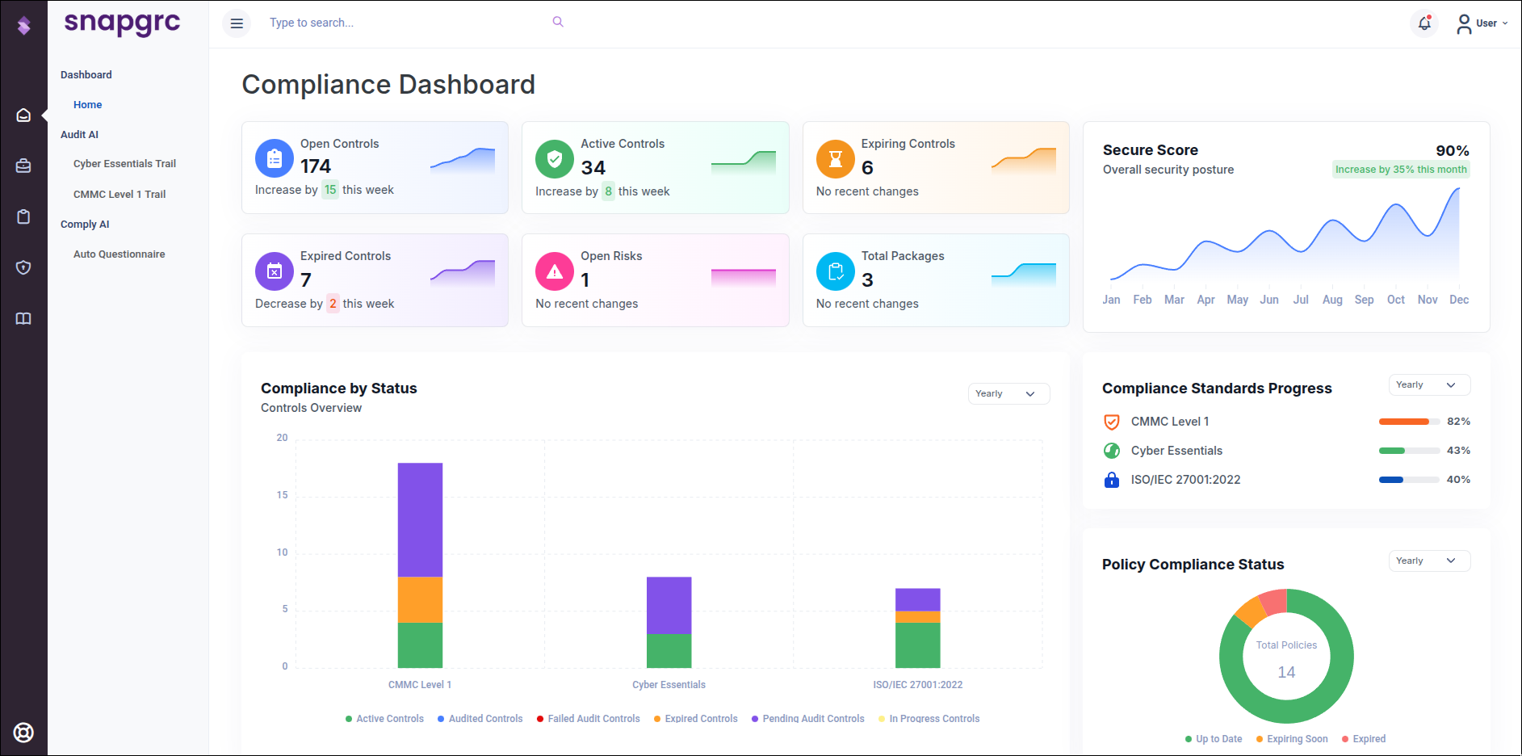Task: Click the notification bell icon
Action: tap(1424, 23)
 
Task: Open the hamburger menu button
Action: tap(237, 23)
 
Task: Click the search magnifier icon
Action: tap(558, 22)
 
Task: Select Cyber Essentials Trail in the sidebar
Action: tap(124, 164)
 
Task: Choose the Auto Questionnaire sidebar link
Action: tap(119, 254)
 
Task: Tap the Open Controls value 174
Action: tap(316, 166)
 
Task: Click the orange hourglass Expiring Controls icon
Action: tap(835, 159)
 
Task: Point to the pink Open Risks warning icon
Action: tap(555, 271)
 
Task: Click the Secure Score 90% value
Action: tap(1452, 151)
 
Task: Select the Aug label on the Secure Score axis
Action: tap(1332, 300)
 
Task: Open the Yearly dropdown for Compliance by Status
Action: tap(1008, 393)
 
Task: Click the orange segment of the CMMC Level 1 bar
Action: tap(420, 599)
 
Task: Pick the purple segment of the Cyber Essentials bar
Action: tap(669, 605)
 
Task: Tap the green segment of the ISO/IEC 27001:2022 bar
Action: tap(917, 645)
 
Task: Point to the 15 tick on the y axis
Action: tap(282, 495)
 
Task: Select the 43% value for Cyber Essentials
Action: tap(1458, 451)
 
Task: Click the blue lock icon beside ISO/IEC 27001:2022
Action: tap(1112, 480)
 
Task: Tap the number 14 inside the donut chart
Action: tap(1286, 672)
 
